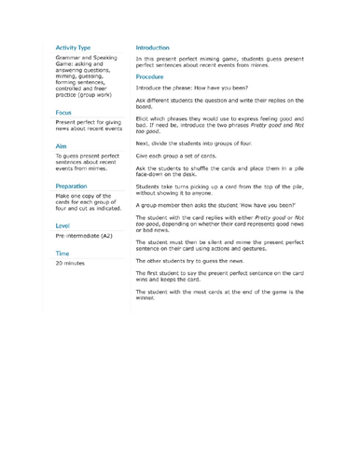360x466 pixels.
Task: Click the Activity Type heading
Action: [x=72, y=46]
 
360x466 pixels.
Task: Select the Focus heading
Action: [x=66, y=111]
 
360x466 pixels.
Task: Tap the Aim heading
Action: [x=62, y=147]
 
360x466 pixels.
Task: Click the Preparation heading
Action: [x=76, y=186]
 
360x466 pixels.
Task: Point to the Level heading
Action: [x=63, y=226]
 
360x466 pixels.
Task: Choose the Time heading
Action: [x=63, y=253]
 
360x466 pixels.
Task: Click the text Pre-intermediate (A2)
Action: [x=90, y=238]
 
